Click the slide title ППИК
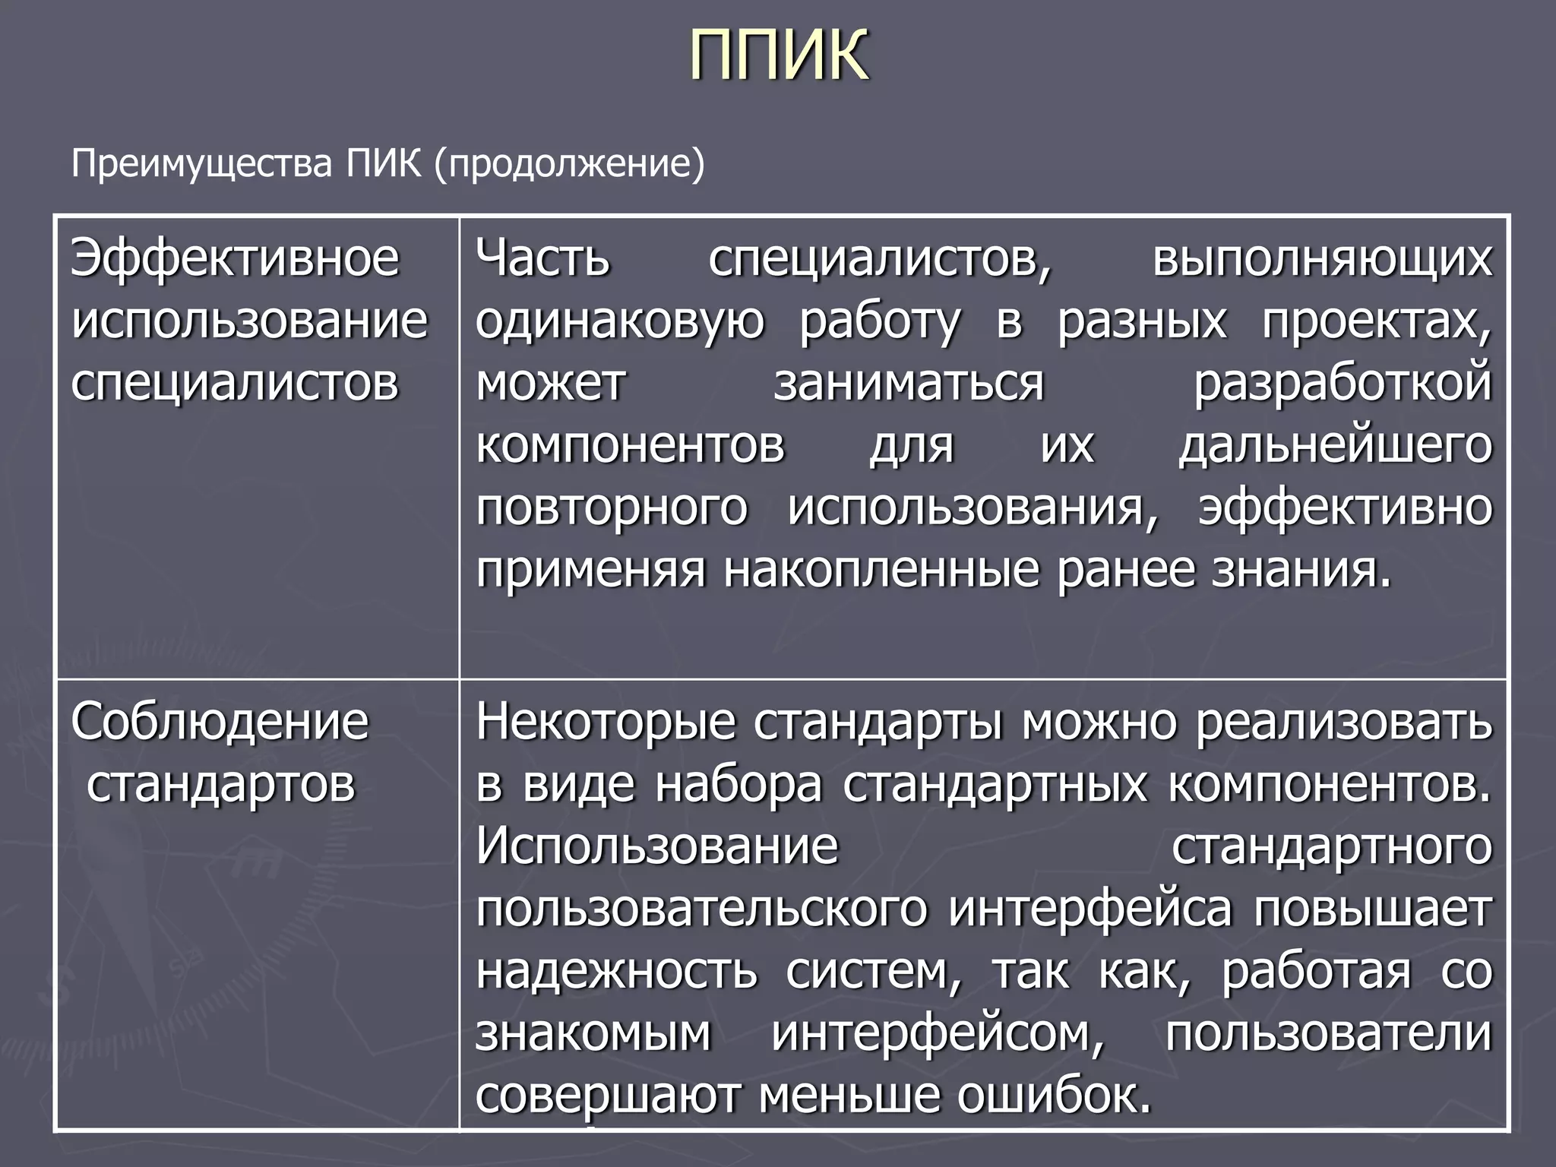(779, 55)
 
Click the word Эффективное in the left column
(235, 258)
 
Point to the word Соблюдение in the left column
(220, 721)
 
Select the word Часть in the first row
(542, 258)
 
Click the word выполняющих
(1322, 258)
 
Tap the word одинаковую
(620, 321)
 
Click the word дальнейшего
(1336, 446)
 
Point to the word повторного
(612, 508)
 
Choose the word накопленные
(881, 571)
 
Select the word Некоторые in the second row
(606, 721)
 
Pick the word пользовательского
(701, 909)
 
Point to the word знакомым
(593, 1033)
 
